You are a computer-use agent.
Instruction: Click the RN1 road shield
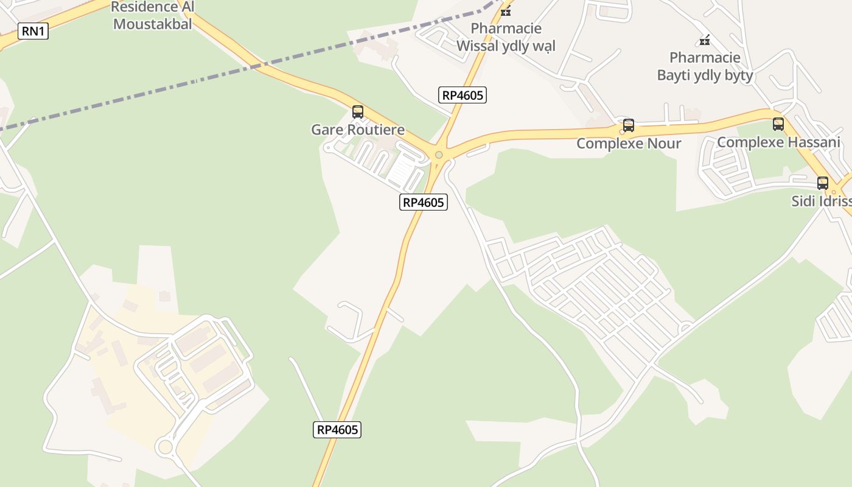[33, 31]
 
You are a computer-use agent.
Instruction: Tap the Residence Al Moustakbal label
[153, 16]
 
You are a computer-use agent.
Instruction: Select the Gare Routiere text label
[358, 130]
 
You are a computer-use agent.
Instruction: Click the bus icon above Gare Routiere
[358, 112]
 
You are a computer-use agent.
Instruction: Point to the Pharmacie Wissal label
[506, 37]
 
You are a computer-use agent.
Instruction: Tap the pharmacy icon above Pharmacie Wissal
[506, 12]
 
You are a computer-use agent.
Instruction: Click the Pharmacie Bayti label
[705, 66]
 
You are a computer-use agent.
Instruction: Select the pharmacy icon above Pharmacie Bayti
[705, 41]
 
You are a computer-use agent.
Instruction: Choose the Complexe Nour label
[629, 144]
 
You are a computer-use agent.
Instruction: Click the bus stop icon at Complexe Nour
[629, 126]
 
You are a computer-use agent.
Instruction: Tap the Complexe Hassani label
[778, 142]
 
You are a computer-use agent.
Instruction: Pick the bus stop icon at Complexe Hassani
[778, 124]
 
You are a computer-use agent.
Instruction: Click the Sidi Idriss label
[822, 201]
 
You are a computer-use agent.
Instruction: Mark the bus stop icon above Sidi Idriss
[823, 183]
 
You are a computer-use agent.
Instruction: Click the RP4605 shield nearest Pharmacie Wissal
[463, 95]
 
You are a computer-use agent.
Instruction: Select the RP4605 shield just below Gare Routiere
[424, 202]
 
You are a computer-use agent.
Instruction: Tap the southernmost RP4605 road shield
[338, 430]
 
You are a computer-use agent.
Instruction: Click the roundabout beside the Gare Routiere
[439, 155]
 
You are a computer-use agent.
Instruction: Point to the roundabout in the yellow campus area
[164, 447]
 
